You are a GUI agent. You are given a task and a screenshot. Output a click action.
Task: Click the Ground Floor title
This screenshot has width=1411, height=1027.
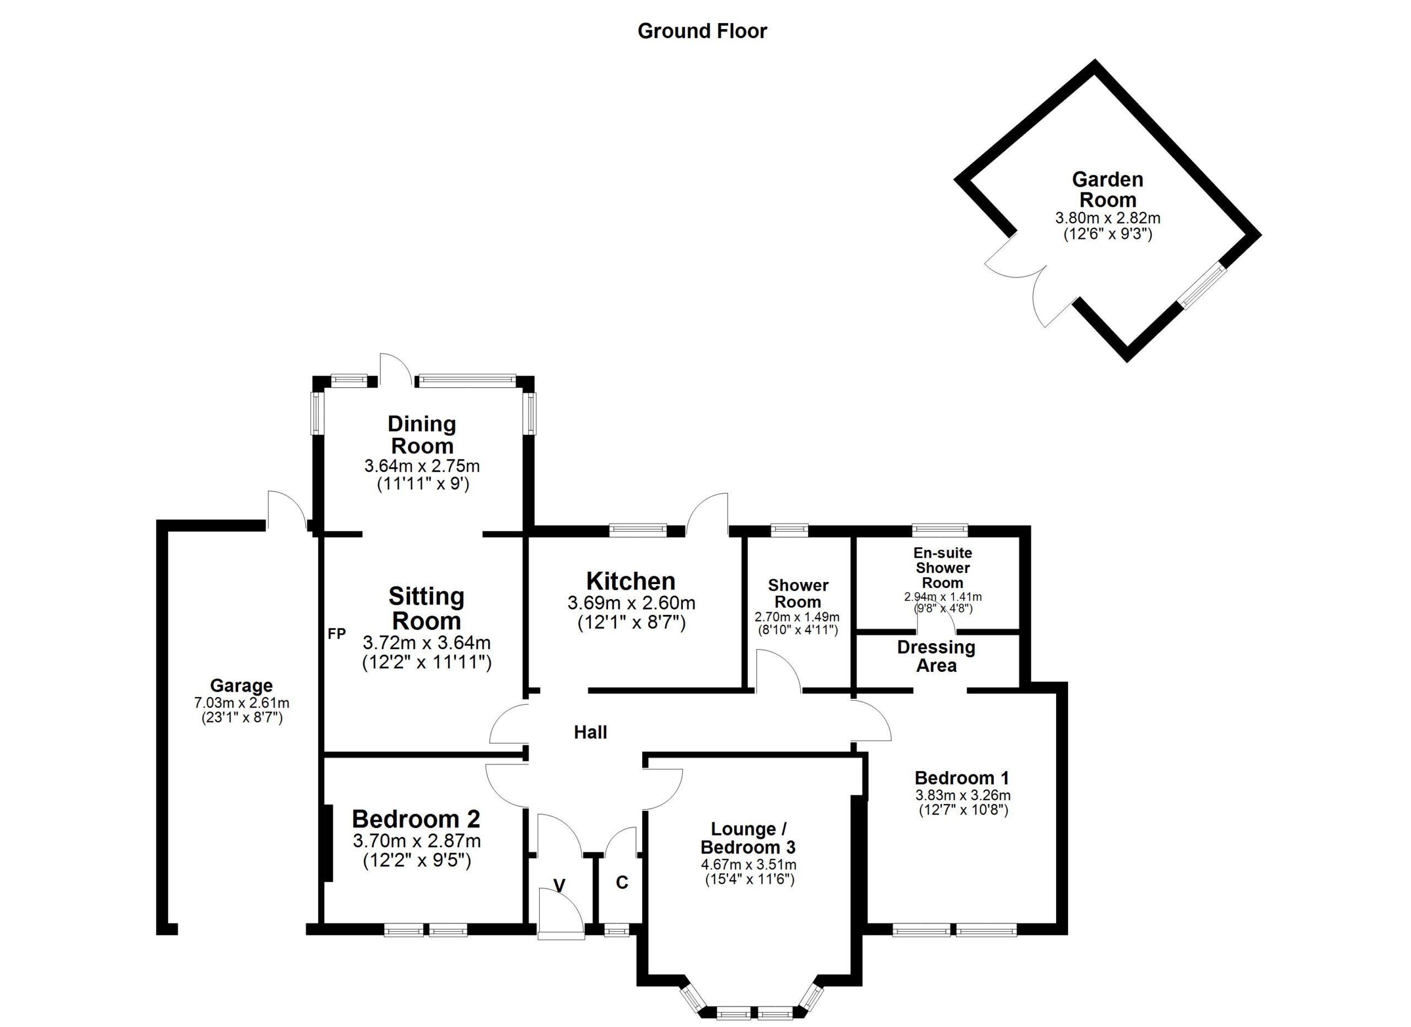click(702, 31)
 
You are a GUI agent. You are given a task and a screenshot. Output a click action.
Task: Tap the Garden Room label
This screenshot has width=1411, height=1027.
click(1107, 190)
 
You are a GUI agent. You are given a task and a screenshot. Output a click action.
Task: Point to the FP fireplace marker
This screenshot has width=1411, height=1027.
click(337, 634)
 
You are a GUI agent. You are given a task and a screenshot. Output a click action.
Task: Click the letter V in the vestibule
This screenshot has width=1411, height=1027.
click(559, 885)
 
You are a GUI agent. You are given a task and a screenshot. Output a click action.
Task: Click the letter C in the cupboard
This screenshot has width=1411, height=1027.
click(622, 882)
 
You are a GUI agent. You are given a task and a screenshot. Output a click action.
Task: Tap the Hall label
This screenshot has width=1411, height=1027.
click(590, 732)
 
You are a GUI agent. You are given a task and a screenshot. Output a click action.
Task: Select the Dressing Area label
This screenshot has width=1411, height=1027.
click(936, 656)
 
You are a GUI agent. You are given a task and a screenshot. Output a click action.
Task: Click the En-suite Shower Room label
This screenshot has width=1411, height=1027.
click(943, 567)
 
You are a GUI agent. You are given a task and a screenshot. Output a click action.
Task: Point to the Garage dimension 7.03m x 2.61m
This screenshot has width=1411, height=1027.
click(241, 703)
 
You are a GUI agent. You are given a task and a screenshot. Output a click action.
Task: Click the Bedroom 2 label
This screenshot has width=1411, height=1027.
click(416, 819)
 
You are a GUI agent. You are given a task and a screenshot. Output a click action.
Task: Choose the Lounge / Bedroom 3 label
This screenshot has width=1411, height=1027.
click(748, 838)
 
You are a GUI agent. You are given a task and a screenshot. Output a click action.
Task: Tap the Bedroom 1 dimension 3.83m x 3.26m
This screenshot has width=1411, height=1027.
click(962, 795)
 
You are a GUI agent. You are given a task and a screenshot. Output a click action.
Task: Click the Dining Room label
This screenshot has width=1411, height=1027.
click(422, 435)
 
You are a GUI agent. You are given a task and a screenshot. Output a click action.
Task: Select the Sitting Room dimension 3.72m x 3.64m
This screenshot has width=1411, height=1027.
click(426, 643)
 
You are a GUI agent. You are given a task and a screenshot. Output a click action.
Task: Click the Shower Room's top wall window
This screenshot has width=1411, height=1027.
click(789, 529)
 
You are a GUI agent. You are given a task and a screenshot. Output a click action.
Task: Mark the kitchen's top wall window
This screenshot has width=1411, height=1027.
click(638, 529)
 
